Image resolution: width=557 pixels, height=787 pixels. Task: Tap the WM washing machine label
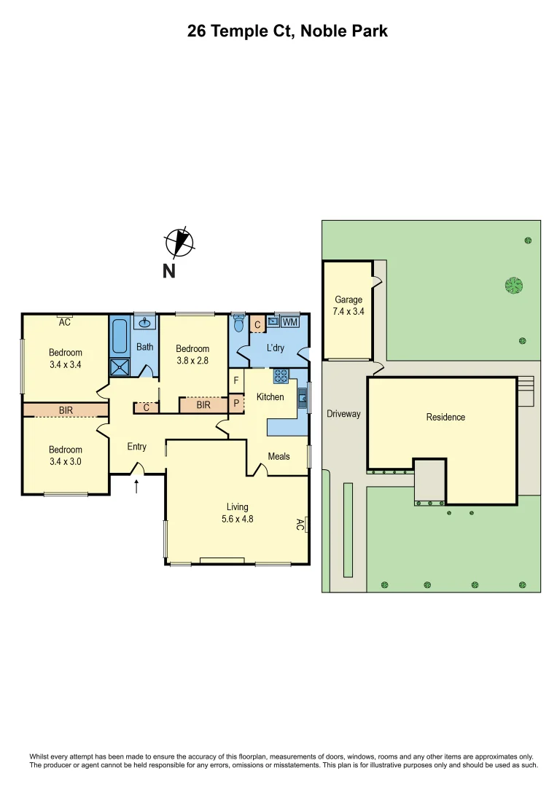tap(290, 322)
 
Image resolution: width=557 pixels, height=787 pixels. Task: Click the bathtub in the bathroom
tap(120, 336)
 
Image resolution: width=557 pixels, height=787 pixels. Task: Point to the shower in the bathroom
tap(118, 367)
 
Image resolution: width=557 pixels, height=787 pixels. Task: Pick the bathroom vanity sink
tap(144, 321)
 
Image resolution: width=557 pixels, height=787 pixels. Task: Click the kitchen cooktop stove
tap(281, 376)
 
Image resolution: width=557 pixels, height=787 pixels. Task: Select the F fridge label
tap(235, 380)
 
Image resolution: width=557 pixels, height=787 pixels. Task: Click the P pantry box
tap(236, 403)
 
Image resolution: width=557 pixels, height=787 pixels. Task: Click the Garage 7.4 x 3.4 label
tap(348, 305)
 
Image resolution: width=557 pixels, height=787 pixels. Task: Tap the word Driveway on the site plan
tap(343, 414)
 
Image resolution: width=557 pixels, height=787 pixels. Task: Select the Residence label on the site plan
tap(445, 418)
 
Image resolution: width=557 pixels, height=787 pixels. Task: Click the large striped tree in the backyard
tap(514, 285)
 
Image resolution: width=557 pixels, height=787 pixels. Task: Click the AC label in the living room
tap(300, 524)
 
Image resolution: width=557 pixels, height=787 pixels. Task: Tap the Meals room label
tap(278, 456)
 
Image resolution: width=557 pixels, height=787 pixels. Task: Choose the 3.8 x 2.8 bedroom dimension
tap(192, 359)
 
